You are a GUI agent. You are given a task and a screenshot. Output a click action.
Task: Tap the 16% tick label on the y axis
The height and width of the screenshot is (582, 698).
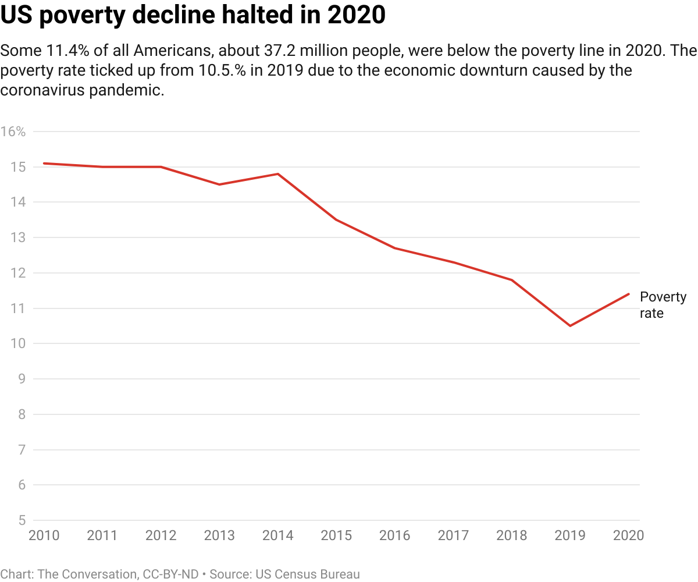pos(13,132)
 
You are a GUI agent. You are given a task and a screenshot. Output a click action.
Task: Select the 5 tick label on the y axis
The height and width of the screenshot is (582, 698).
pos(22,520)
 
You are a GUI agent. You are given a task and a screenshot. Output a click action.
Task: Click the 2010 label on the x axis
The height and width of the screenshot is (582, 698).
pos(44,535)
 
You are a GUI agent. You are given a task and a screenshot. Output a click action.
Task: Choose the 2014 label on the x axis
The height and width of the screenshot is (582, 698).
pos(278,535)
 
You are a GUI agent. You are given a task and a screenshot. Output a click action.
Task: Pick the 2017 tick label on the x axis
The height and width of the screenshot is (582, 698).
pos(453,535)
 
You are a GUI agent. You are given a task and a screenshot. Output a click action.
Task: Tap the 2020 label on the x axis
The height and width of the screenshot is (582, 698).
pos(628,535)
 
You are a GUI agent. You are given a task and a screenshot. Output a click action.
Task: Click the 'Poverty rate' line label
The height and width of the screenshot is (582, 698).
pos(663,305)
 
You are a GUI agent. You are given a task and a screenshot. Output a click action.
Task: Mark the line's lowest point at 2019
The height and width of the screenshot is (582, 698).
pos(570,326)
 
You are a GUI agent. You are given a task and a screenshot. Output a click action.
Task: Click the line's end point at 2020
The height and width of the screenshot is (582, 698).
pos(629,294)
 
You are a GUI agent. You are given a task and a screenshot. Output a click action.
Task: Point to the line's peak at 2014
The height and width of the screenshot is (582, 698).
pos(278,174)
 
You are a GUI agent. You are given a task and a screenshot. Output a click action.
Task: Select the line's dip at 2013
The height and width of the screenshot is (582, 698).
pos(219,184)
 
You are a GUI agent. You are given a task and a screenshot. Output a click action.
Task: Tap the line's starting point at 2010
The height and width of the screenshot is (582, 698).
pos(44,164)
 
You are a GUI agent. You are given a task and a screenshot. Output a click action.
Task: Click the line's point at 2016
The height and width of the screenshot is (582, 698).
pos(395,248)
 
